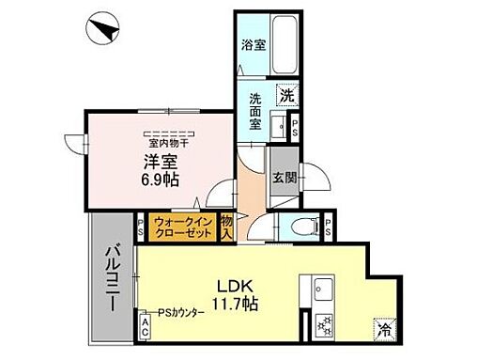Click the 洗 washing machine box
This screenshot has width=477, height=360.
pos(285,95)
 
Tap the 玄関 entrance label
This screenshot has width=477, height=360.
pos(283,177)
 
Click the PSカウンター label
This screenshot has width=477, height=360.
pos(180,312)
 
